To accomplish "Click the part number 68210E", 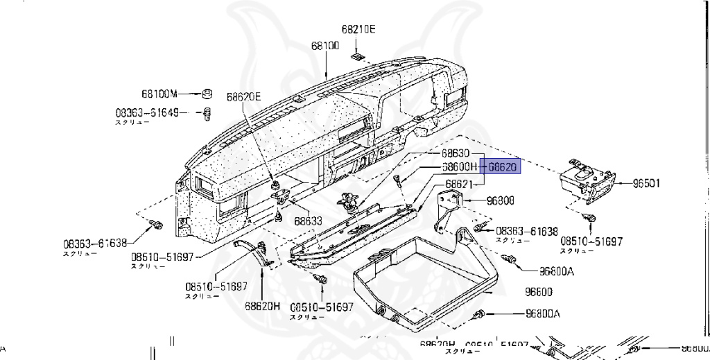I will click(358, 29).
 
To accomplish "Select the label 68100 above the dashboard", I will click(324, 46).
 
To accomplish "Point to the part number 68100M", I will click(159, 94).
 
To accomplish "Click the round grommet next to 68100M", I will click(206, 94).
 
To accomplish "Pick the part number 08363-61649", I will click(147, 112).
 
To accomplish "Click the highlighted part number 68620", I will click(503, 166).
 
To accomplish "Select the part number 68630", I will click(457, 153).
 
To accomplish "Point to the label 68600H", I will click(460, 167).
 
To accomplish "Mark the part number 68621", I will click(458, 184).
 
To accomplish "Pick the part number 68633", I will click(308, 221).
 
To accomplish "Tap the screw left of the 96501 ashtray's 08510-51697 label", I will click(591, 219).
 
